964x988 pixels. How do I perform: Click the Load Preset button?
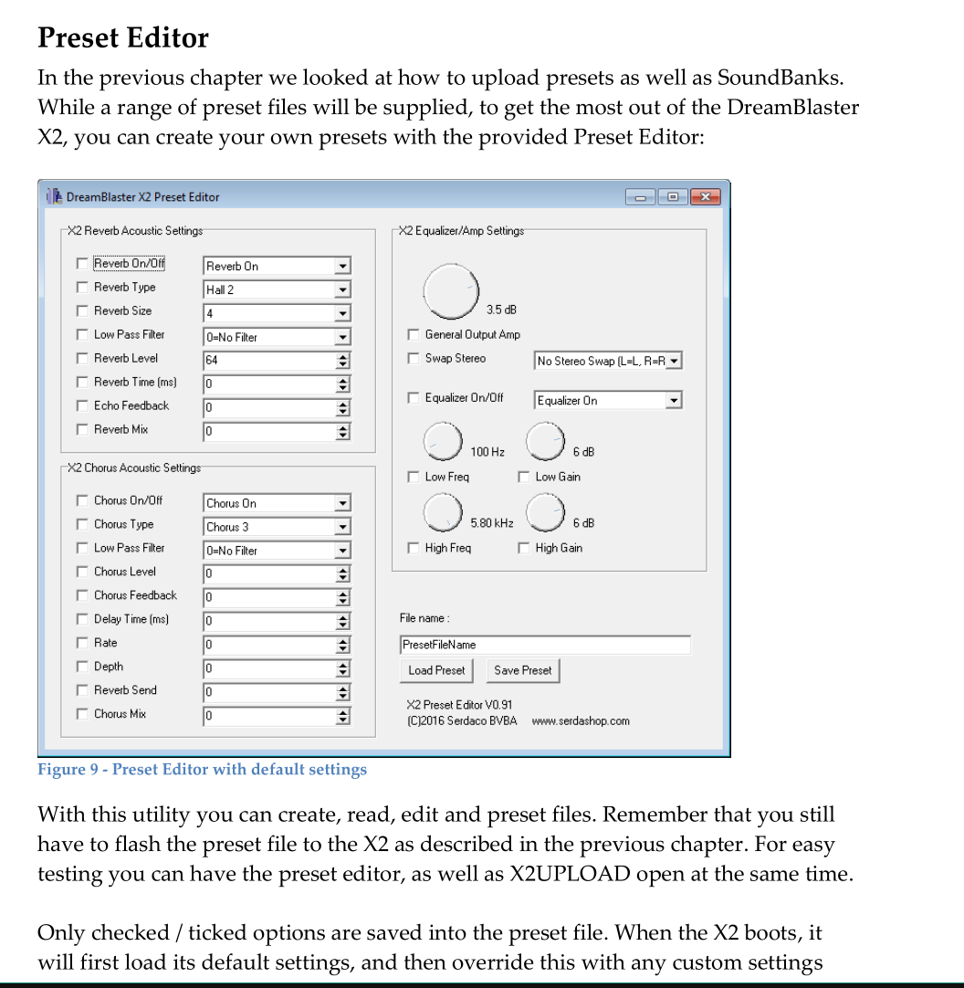(x=436, y=670)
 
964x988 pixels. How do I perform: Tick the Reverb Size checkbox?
(x=82, y=311)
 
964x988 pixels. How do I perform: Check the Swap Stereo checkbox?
(x=414, y=359)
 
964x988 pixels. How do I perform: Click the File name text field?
(x=544, y=645)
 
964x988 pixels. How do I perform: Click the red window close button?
(x=705, y=197)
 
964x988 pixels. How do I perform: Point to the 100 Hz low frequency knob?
(x=444, y=442)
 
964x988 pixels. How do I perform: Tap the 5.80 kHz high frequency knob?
(x=444, y=513)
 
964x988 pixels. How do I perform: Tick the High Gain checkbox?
(x=524, y=549)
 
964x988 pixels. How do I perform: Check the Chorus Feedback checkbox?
(x=82, y=596)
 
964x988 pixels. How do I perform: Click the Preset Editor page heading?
(x=123, y=38)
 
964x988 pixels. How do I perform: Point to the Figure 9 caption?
(x=202, y=770)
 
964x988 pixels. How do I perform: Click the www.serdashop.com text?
(x=581, y=721)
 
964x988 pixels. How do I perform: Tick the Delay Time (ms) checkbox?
(x=82, y=620)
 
